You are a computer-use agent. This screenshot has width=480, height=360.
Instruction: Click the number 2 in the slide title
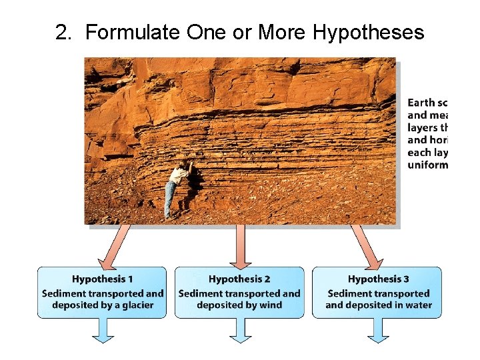63,32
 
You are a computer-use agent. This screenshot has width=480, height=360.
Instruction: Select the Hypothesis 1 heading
103,279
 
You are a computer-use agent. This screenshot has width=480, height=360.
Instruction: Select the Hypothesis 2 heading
239,279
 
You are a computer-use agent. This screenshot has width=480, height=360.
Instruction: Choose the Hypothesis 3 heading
379,279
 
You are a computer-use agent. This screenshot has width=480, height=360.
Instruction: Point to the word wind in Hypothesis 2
268,305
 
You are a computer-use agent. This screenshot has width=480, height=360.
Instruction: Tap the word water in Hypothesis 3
417,305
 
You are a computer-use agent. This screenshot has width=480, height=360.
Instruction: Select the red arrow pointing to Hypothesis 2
240,247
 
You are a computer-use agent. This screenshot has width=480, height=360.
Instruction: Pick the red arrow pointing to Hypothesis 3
365,247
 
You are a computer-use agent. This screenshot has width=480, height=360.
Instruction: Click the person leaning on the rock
176,187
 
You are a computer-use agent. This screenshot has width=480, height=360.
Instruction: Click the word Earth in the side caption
421,103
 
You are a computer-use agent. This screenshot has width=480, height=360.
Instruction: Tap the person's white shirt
178,175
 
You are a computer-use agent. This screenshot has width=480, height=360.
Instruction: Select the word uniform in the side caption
427,165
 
